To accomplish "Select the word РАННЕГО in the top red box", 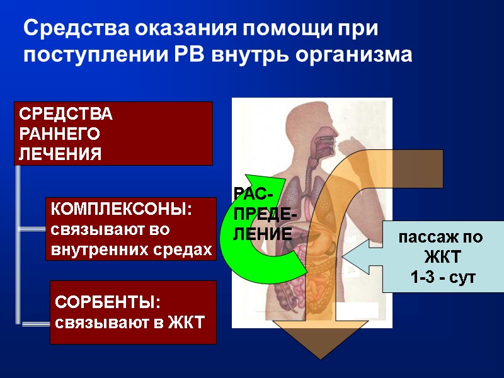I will [60, 134].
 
